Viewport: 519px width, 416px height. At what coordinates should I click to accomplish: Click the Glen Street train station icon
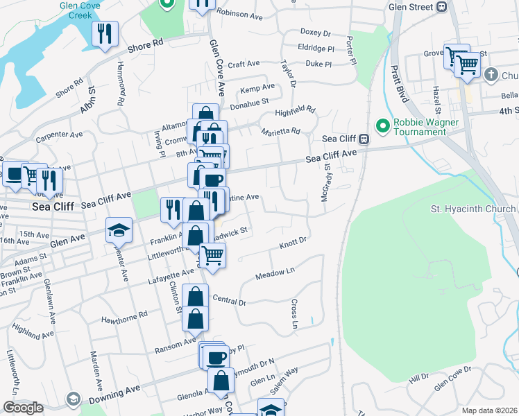point(441,7)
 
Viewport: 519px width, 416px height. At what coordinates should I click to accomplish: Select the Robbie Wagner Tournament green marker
point(381,125)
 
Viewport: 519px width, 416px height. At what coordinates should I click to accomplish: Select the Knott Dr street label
point(293,244)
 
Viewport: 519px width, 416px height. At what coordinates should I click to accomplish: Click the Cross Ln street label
point(294,313)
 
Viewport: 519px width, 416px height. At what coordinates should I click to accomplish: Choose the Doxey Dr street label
point(316,32)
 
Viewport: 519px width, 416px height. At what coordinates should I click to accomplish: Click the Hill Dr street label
point(419,379)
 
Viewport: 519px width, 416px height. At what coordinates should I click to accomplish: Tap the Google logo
point(23,408)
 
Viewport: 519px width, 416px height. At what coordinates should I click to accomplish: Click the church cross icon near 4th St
point(491,74)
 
